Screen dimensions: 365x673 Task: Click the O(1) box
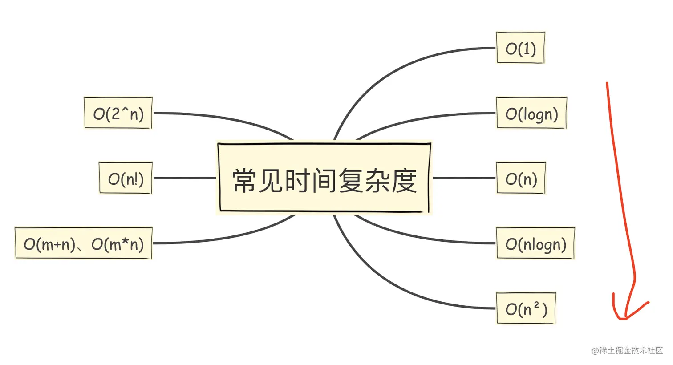[520, 48]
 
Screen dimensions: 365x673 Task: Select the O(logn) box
[531, 114]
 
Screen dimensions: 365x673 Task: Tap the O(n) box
[521, 178]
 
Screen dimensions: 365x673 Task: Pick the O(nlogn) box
[535, 243]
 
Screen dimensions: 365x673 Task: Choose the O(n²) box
[526, 308]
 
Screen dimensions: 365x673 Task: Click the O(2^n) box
[118, 114]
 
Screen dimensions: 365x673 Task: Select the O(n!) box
[126, 178]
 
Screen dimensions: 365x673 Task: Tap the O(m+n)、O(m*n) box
[84, 243]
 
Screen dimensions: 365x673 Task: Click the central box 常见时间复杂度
[324, 178]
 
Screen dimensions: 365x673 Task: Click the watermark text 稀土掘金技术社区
[631, 350]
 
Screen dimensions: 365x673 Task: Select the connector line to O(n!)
[184, 178]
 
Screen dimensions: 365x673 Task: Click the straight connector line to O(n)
[464, 178]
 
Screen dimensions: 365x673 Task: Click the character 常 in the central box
[245, 180]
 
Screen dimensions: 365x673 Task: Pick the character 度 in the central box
[404, 180]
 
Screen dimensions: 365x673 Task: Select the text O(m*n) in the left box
[118, 244]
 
